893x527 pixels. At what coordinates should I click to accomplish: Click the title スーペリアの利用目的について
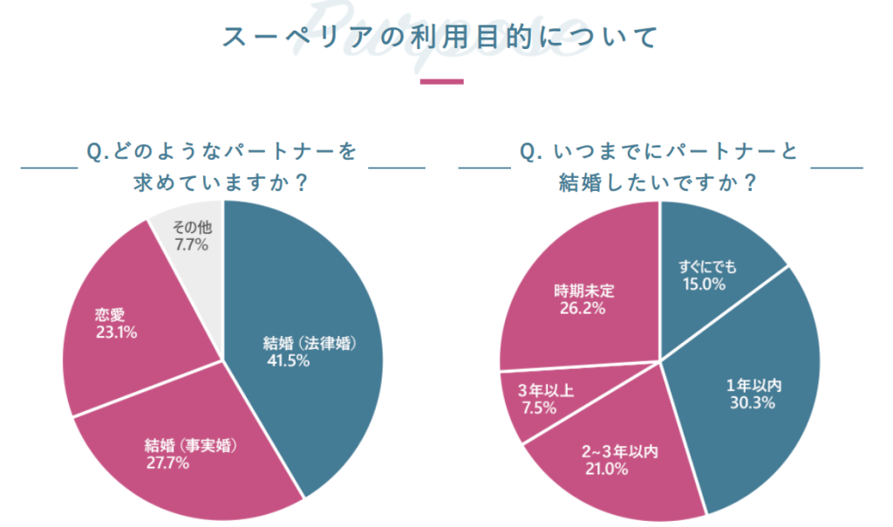click(440, 37)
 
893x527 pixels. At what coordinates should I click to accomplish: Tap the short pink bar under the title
click(442, 82)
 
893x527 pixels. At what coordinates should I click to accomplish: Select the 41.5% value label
click(289, 359)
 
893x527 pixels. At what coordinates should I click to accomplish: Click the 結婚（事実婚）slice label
click(191, 445)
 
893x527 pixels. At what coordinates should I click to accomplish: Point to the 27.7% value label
click(168, 462)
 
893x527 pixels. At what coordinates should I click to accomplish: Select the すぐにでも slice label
click(707, 266)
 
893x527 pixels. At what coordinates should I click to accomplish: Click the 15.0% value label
click(701, 284)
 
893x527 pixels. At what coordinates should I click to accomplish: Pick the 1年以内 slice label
click(753, 386)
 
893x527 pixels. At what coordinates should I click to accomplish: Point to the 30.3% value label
click(753, 403)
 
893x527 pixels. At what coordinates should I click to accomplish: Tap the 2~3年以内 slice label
click(619, 452)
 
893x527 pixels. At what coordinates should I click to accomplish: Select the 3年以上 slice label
click(546, 390)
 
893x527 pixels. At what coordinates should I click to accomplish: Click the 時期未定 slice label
click(578, 291)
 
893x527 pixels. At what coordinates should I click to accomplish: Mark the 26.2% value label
click(580, 308)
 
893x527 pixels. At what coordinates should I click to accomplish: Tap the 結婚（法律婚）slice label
click(311, 342)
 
